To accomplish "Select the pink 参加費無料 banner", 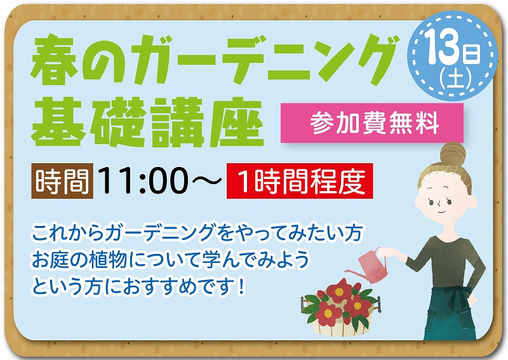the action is pos(372,123).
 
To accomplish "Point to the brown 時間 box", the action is pos(62,181).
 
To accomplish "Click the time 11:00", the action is pos(143,181).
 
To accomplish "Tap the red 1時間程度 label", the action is pos(300,181).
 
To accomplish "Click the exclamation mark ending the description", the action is pos(240,287).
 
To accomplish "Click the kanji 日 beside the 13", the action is pos(472,54).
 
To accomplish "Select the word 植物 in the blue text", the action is pos(109,259).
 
